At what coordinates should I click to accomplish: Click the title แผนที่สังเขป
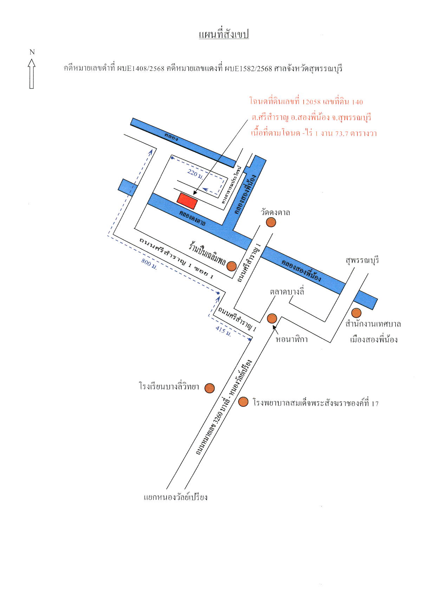coord(224,34)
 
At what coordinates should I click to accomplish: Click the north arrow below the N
coord(32,74)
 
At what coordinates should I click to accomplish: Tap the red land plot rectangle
coord(187,201)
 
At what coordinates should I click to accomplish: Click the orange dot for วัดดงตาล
coord(271,222)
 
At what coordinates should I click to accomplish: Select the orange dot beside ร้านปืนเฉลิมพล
coord(231,266)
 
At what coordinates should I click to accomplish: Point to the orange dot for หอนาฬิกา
coord(272,319)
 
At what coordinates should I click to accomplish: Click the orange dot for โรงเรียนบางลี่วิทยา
coord(210,388)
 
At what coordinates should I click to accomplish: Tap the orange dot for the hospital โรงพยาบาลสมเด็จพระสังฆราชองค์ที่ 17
coord(243,402)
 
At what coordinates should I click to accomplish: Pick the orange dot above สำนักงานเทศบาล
coord(357,313)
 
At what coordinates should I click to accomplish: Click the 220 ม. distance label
coord(195,174)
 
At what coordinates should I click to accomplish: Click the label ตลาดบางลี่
coord(287,292)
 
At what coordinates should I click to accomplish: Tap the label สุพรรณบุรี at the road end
coord(362,261)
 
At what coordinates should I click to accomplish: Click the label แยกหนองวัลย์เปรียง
coord(176,497)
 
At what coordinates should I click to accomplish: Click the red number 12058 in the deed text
coord(311,102)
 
